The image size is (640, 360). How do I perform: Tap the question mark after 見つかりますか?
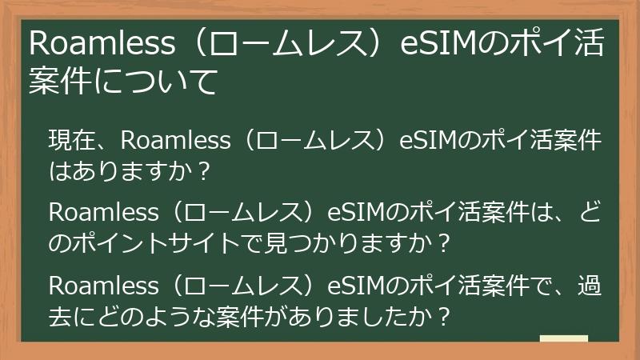(x=444, y=240)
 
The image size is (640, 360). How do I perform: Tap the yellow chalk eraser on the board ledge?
(x=564, y=338)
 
